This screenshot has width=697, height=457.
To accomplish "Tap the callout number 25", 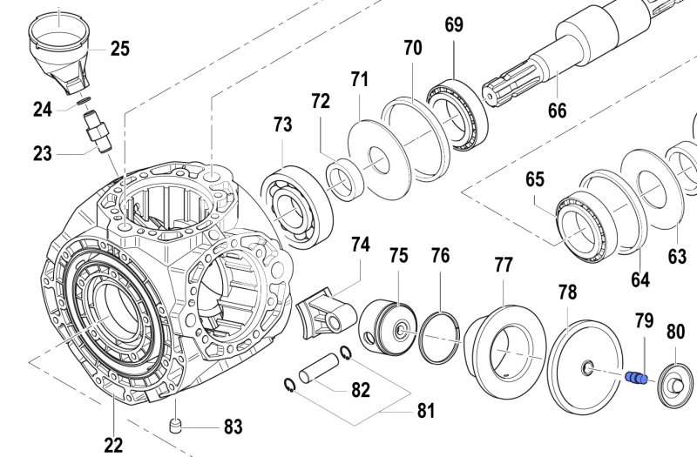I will [120, 48].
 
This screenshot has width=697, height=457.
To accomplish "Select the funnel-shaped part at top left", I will [63, 49].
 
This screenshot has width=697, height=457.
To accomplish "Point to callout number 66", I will [557, 111].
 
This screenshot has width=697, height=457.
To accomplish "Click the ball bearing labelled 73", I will [295, 206].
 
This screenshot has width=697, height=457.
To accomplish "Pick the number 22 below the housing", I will [113, 445].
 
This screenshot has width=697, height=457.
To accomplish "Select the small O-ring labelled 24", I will [84, 104].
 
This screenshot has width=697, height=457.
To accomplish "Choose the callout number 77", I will [504, 265].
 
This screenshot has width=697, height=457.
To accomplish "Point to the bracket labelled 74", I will [323, 314].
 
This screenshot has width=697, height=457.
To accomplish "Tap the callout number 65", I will [534, 179].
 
